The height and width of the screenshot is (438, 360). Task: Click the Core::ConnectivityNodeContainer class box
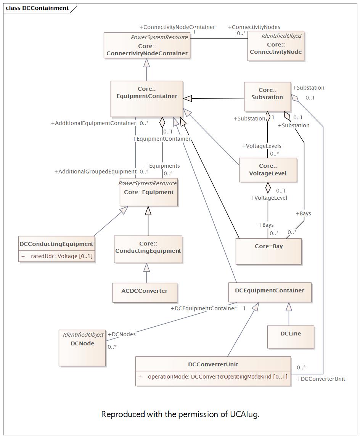147,45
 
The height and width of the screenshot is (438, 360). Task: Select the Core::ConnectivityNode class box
276,46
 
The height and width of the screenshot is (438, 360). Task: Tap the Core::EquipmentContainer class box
147,99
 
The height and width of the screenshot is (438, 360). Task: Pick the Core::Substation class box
267,96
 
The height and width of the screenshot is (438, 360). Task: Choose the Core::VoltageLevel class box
268,170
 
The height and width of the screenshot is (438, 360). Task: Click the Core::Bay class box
268,251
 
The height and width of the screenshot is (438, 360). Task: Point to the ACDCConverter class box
145,292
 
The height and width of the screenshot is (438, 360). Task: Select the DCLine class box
291,337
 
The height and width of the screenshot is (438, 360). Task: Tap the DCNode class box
82,348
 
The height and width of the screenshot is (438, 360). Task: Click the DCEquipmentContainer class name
270,290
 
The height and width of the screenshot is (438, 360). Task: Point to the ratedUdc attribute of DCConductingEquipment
57,256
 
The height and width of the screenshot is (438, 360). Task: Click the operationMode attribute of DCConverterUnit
213,377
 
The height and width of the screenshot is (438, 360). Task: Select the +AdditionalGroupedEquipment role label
96,172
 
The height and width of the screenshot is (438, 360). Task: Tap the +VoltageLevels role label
262,146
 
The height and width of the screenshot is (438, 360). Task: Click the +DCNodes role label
122,334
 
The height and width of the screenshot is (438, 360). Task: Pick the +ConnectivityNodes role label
254,27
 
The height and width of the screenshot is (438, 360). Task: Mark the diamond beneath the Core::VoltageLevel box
268,188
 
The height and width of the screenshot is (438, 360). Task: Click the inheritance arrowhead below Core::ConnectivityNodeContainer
146,63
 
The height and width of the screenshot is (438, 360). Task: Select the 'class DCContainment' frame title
37,8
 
